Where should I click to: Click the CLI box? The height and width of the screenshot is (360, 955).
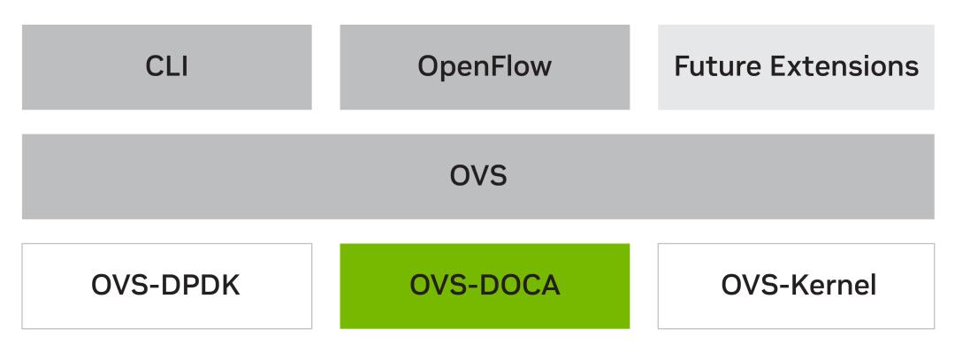[x=166, y=67]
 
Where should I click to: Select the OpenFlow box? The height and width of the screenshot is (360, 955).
[x=485, y=67]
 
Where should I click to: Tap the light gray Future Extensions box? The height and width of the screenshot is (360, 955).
[x=796, y=67]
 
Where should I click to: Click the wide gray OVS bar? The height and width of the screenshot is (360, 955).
[x=477, y=176]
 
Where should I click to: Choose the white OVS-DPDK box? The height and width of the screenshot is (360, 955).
[x=166, y=286]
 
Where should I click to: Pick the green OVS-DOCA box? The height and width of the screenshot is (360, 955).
[x=485, y=286]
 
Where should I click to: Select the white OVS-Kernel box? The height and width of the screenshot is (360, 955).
[x=796, y=286]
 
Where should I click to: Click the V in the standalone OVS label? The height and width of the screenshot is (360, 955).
[x=478, y=176]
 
